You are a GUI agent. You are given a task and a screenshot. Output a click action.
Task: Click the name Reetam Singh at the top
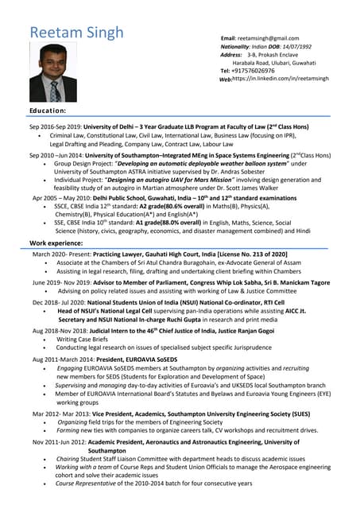point(76,33)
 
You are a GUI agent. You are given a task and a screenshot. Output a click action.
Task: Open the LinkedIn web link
point(283,80)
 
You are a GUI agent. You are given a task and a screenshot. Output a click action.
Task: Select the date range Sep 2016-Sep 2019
point(58,127)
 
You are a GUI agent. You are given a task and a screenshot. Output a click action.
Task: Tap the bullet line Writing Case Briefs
point(83,339)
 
